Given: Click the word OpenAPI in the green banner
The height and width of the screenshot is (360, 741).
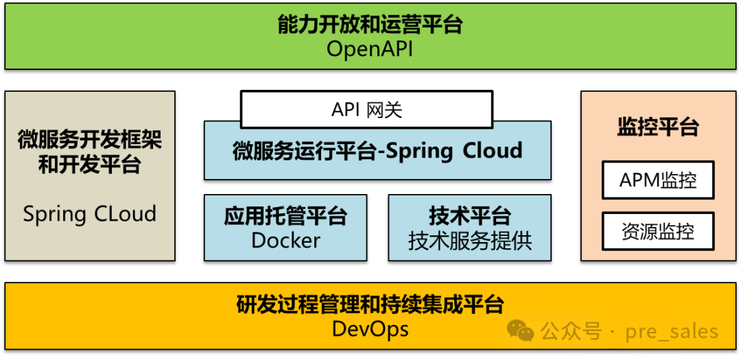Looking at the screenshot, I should point(370,49).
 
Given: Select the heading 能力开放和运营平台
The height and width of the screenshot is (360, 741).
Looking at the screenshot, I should point(370,25).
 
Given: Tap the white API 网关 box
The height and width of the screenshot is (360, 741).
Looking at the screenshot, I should point(366,110).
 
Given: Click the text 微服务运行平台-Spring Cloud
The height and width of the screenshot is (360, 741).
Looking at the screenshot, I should point(377,150).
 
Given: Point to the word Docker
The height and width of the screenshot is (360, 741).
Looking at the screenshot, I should point(285,241).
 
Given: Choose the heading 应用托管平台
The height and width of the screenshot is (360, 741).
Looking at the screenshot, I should point(285,216).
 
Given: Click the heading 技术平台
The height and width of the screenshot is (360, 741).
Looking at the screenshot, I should point(470,216).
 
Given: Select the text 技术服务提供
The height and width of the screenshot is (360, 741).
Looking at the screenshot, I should point(470,241).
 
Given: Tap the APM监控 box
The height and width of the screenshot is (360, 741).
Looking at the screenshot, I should point(658,180).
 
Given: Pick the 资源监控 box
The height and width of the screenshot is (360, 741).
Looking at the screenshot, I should point(658,231).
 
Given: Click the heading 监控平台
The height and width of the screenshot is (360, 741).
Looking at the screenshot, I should point(658,128).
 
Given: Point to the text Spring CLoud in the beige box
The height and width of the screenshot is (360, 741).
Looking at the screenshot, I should point(90,214).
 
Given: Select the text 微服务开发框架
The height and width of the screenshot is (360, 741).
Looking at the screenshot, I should point(90,141).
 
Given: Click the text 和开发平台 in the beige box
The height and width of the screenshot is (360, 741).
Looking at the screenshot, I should point(90,165).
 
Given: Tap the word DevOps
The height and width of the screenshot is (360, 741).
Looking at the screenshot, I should point(370,329).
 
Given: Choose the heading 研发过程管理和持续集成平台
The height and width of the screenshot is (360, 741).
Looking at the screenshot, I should point(370,304).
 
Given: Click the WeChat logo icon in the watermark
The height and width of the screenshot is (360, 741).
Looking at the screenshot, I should point(521,331).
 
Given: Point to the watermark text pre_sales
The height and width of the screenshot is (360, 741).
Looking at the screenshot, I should point(672,332).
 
